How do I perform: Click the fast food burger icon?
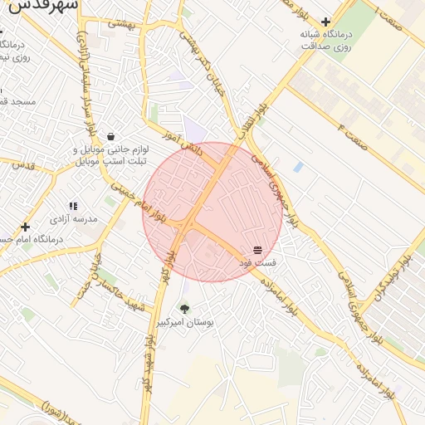pyautogui.click(x=257, y=249)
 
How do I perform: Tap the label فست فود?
pyautogui.click(x=259, y=262)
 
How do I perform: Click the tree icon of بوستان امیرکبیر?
pyautogui.click(x=184, y=309)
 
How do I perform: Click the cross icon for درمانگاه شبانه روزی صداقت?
pyautogui.click(x=326, y=22)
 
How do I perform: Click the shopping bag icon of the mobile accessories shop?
pyautogui.click(x=110, y=137)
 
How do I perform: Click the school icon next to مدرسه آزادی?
pyautogui.click(x=73, y=206)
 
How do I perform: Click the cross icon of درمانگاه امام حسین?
pyautogui.click(x=26, y=227)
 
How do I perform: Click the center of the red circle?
pyautogui.click(x=212, y=212)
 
